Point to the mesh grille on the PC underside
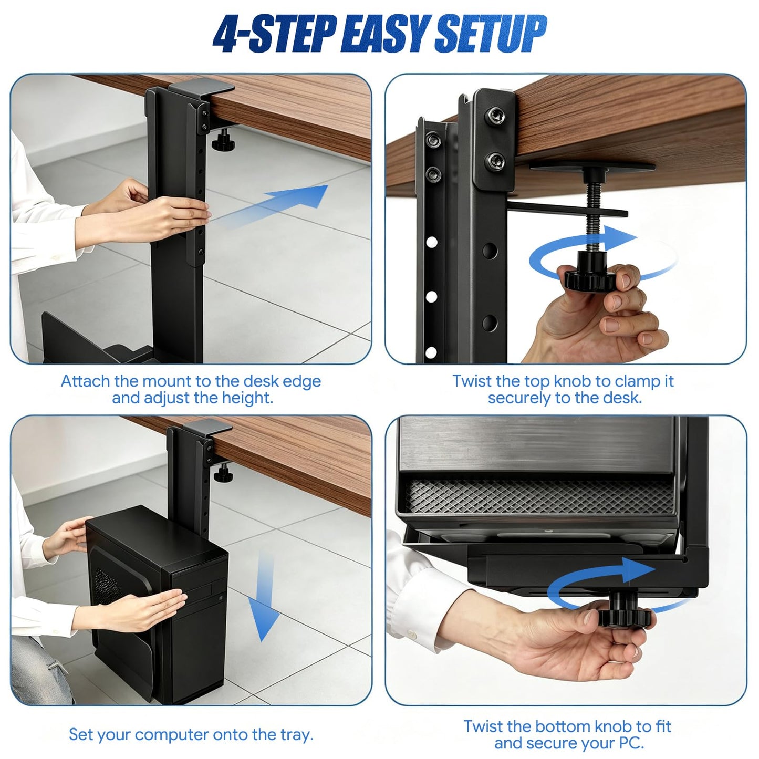[539, 496]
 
